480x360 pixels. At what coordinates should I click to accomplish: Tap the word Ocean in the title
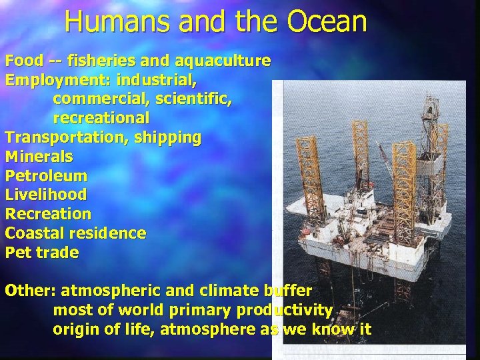(x=328, y=21)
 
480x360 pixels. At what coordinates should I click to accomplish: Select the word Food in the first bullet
(x=23, y=61)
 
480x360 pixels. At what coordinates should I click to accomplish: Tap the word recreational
(x=101, y=119)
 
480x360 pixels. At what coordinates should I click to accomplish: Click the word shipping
(x=167, y=138)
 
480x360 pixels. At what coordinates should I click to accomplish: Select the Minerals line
(x=39, y=157)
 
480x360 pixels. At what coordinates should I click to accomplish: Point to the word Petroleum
(x=46, y=176)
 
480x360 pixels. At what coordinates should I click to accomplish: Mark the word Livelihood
(x=45, y=195)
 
